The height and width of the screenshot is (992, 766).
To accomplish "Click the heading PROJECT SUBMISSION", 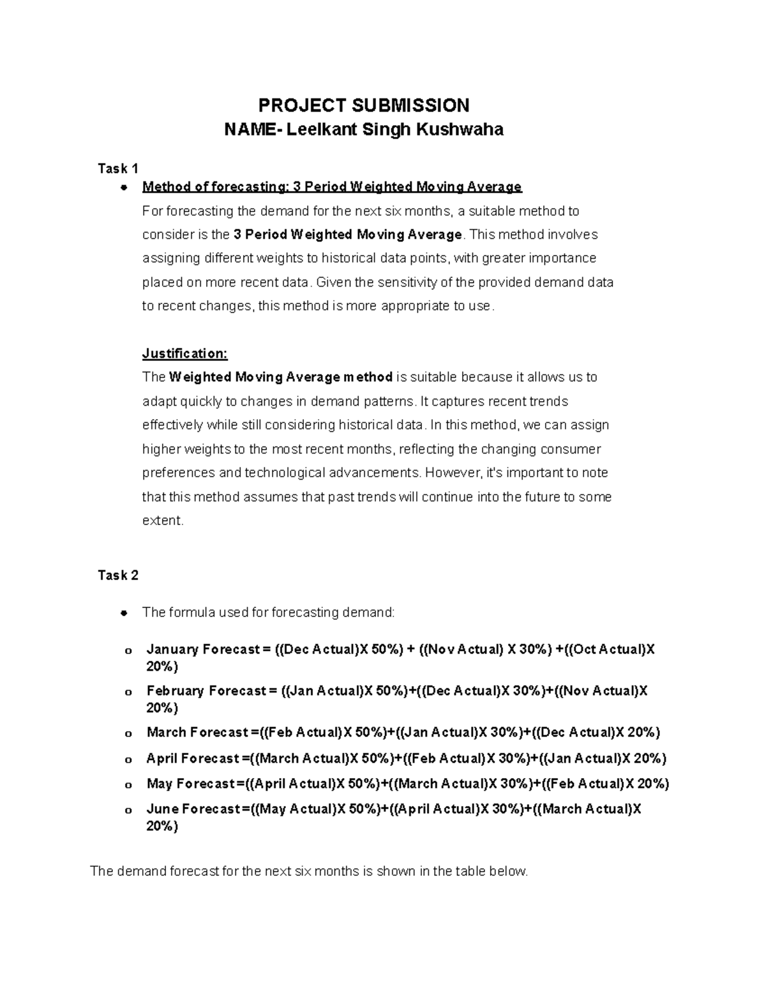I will coord(363,105).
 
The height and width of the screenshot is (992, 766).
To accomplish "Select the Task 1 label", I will coord(118,169).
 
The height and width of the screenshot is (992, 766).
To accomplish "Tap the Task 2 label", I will coord(118,576).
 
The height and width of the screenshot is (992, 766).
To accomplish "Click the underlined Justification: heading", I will coord(184,354).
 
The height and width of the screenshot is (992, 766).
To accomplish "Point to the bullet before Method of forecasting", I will coord(124,188).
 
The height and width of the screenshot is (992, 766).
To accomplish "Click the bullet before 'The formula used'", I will coord(124,613).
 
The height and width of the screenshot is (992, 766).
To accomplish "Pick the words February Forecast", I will coord(206,691).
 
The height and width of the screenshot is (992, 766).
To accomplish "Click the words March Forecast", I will coord(197,733).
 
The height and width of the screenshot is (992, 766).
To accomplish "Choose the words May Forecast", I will coord(191,784).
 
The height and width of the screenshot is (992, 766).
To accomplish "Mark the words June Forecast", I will coord(193,809).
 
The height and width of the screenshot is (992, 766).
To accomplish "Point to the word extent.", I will coord(162,521).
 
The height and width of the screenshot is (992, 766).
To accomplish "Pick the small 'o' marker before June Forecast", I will coord(128,811).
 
